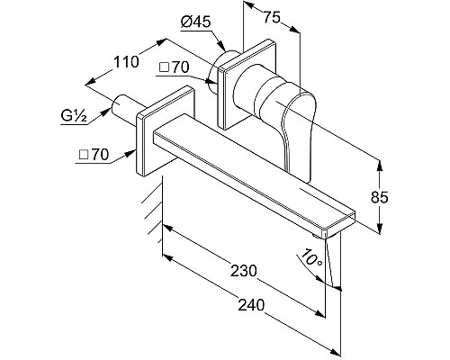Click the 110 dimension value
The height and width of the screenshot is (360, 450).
(x=126, y=62)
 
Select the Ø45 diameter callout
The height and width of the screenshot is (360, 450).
(x=195, y=22)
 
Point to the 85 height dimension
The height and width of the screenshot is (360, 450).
(x=380, y=197)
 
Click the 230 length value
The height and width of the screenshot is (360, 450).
(x=244, y=271)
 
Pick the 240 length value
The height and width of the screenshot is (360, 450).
(x=251, y=305)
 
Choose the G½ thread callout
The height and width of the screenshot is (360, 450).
(x=74, y=116)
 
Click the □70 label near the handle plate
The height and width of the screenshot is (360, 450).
(x=174, y=67)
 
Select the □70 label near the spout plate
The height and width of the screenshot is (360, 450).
(x=94, y=155)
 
